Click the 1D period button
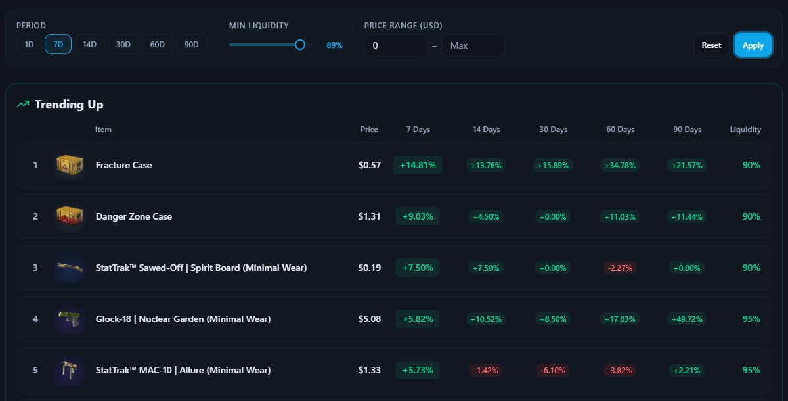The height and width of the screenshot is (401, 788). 29,45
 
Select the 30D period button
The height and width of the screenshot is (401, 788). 123,45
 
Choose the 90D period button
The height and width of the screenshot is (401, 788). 192,45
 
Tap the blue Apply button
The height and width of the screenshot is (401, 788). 753,45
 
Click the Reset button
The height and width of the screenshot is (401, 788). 711,45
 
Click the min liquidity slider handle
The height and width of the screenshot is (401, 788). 300,45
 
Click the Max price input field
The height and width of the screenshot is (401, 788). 473,45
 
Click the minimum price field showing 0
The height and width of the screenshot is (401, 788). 395,45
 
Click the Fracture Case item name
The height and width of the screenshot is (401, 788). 123,165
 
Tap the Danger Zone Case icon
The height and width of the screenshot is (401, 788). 69,216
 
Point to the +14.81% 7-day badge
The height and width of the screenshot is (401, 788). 418,165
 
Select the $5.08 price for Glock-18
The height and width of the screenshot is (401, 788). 370,319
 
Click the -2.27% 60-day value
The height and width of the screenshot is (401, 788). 620,268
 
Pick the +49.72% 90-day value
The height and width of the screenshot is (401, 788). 687,319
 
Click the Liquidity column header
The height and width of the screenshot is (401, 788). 745,130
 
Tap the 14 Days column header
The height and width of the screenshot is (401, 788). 487,130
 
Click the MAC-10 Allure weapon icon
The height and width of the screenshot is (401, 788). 69,370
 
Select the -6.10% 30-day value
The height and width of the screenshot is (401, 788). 553,370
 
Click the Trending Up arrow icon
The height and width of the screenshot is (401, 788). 23,105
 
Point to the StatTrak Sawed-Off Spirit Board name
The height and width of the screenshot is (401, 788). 201,268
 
